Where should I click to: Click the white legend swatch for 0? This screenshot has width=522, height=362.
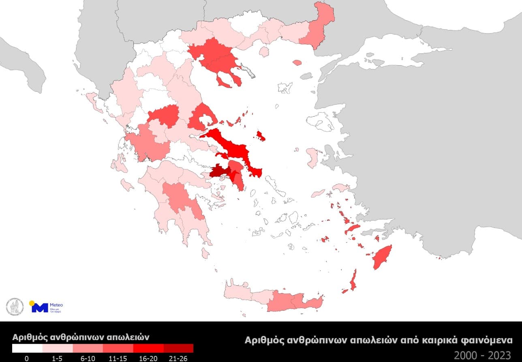pyautogui.click(x=27, y=348)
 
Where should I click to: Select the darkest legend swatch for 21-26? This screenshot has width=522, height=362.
pyautogui.click(x=179, y=348)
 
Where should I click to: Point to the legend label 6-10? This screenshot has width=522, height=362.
pyautogui.click(x=88, y=358)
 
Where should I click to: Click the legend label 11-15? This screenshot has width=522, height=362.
pyautogui.click(x=118, y=358)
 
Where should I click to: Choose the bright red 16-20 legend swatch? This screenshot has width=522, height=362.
pyautogui.click(x=148, y=348)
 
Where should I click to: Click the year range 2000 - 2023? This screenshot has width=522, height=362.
pyautogui.click(x=482, y=355)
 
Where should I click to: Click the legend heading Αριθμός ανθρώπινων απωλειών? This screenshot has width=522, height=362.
pyautogui.click(x=81, y=337)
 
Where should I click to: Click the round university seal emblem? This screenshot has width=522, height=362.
pyautogui.click(x=13, y=306)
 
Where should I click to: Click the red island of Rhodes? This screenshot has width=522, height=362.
pyautogui.click(x=382, y=257)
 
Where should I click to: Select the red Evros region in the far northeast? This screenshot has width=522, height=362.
pyautogui.click(x=320, y=24)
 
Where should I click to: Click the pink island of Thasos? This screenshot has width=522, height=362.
pyautogui.click(x=264, y=51)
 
